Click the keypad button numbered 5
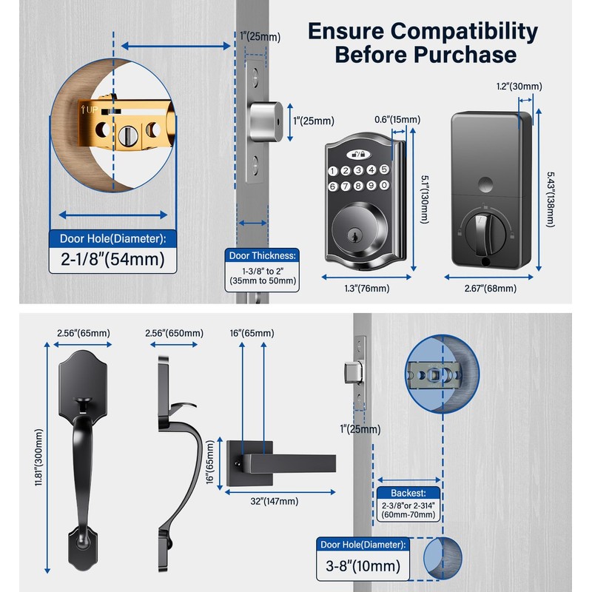(384, 169)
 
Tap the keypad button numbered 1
(333, 171)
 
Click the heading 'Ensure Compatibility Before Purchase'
(423, 43)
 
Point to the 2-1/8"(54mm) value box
(107, 260)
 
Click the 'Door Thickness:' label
(262, 255)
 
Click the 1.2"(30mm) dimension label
(519, 87)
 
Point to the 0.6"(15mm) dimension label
(397, 119)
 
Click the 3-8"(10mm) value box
(363, 567)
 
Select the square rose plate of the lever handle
(244, 459)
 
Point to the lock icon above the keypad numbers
(358, 154)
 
